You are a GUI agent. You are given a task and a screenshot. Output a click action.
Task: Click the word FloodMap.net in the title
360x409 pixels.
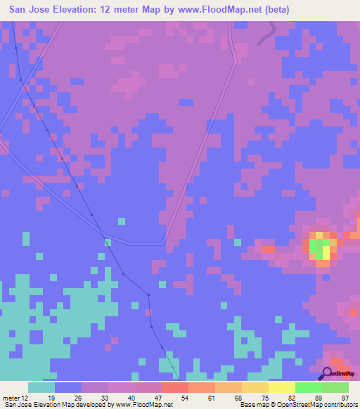(221, 10)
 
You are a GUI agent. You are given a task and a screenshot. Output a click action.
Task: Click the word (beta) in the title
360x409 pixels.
(273, 10)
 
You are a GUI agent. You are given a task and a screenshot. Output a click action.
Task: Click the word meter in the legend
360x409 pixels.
(11, 398)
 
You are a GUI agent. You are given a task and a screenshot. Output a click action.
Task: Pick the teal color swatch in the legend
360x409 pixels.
(41, 387)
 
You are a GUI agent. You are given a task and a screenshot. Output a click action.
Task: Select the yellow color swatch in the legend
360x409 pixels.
(282, 387)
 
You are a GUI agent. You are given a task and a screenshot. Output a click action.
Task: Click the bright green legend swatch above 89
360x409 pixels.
(309, 387)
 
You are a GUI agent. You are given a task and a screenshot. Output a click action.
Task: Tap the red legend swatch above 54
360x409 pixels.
(175, 387)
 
